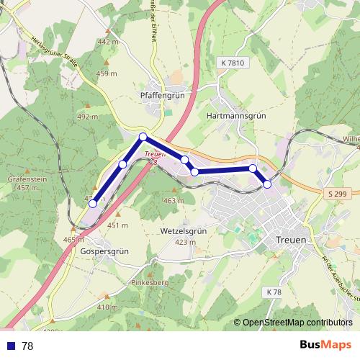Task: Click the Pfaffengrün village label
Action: (x=163, y=94)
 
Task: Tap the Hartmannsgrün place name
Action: (x=236, y=114)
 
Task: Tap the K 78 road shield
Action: (x=273, y=292)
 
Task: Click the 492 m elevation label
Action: (x=87, y=117)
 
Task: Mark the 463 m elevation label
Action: (x=174, y=200)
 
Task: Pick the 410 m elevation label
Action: (x=107, y=307)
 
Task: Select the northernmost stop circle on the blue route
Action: (x=143, y=137)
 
